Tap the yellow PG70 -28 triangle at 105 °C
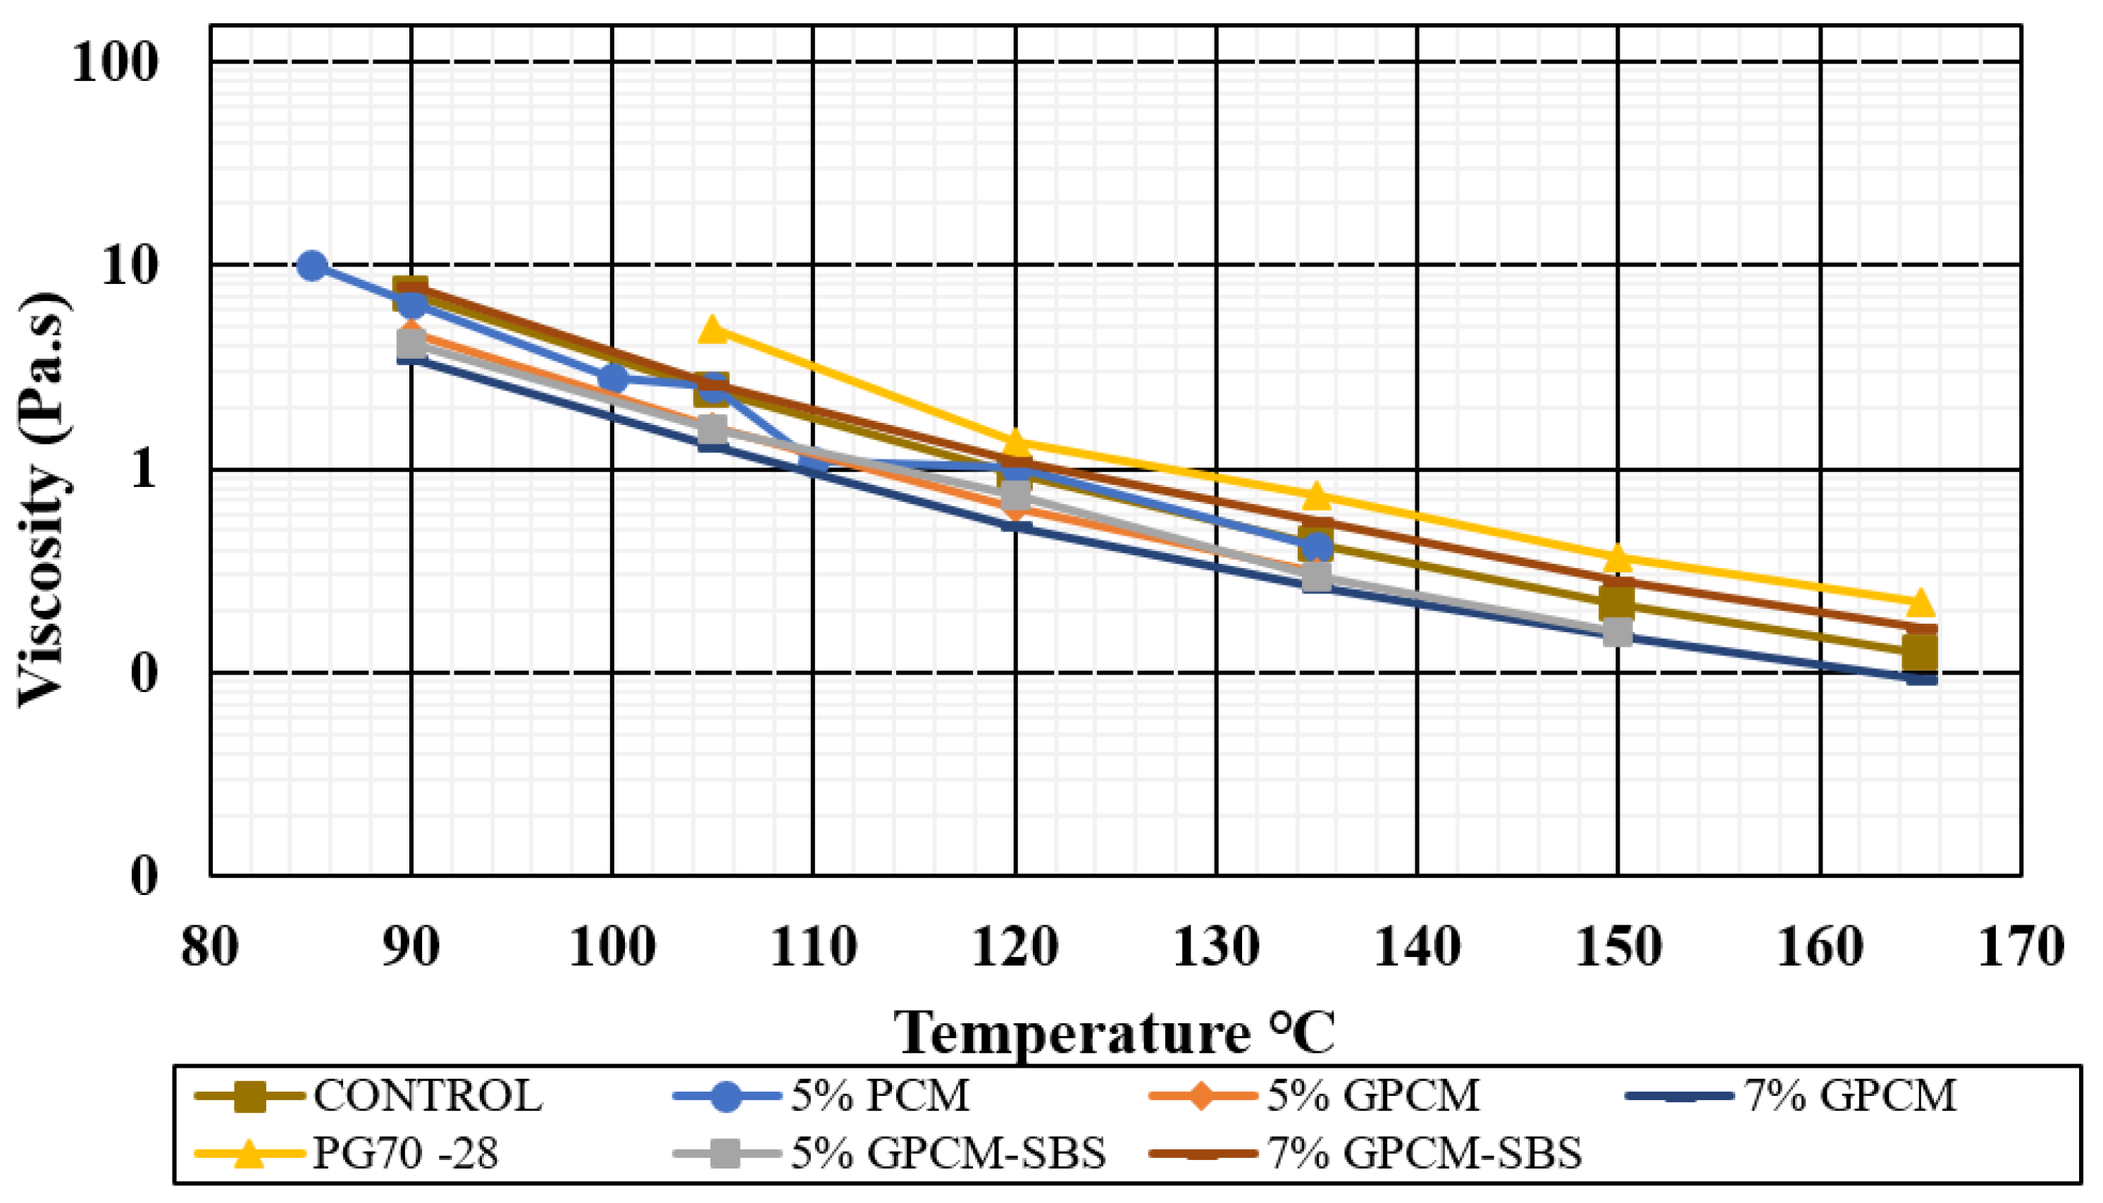pos(714,330)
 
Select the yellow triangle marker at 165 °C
pos(1921,603)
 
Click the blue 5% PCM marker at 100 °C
pos(613,378)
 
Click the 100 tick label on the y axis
pos(114,62)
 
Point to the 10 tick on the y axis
pos(129,266)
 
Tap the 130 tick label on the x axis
pos(1216,948)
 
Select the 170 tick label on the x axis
pos(2021,948)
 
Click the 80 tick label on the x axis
pos(210,948)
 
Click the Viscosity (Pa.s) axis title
pos(45,500)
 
